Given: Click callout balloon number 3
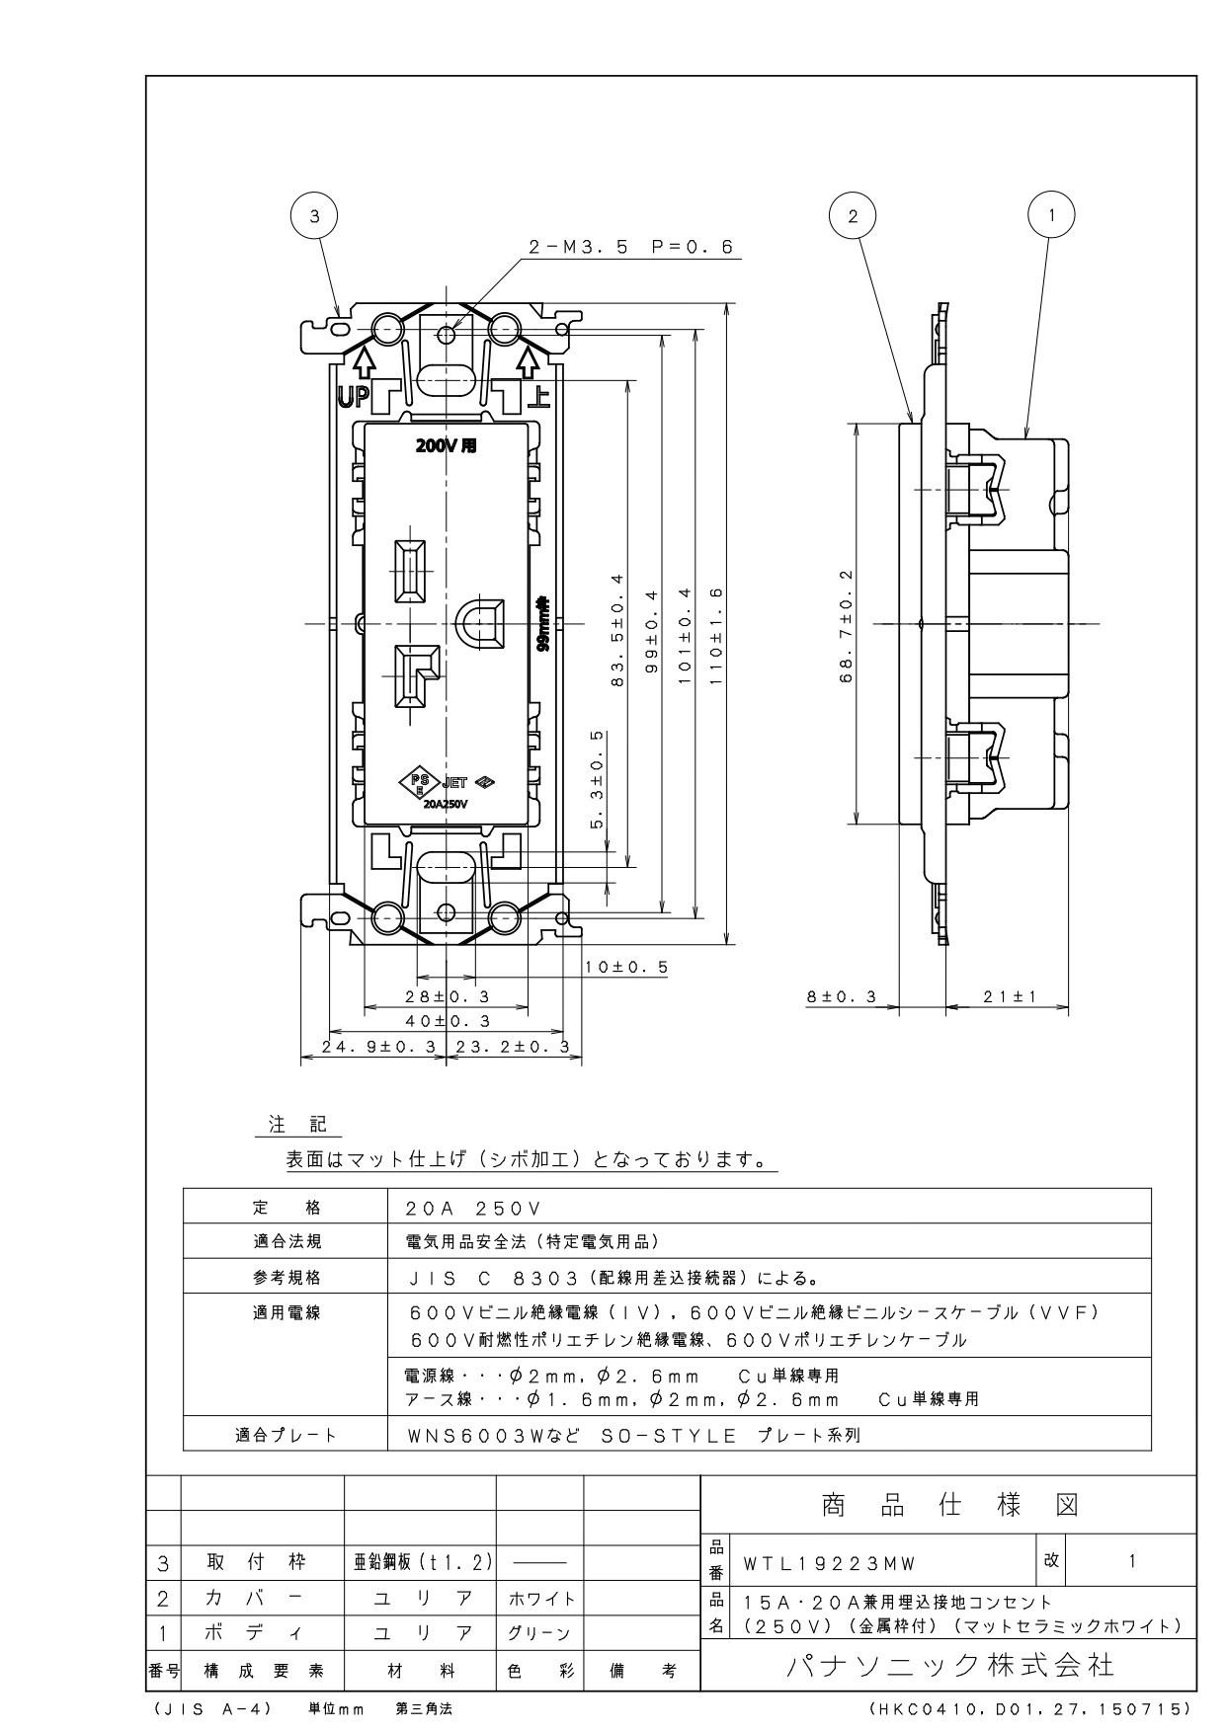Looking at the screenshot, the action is click(314, 216).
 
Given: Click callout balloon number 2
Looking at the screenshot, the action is click(854, 216).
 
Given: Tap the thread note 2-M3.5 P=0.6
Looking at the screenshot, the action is click(631, 248).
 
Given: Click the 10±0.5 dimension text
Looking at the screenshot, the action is click(626, 967).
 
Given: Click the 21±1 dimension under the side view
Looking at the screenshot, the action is click(1010, 997).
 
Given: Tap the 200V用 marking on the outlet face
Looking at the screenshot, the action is click(446, 445).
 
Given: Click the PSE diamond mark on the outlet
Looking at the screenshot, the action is click(416, 783).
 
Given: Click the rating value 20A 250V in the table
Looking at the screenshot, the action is click(474, 1209).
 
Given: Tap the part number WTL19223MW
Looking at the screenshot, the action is click(830, 1563).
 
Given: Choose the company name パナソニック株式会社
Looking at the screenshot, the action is click(949, 1666).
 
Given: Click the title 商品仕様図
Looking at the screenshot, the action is click(949, 1506).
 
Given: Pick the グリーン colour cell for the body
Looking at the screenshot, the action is click(539, 1633).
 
